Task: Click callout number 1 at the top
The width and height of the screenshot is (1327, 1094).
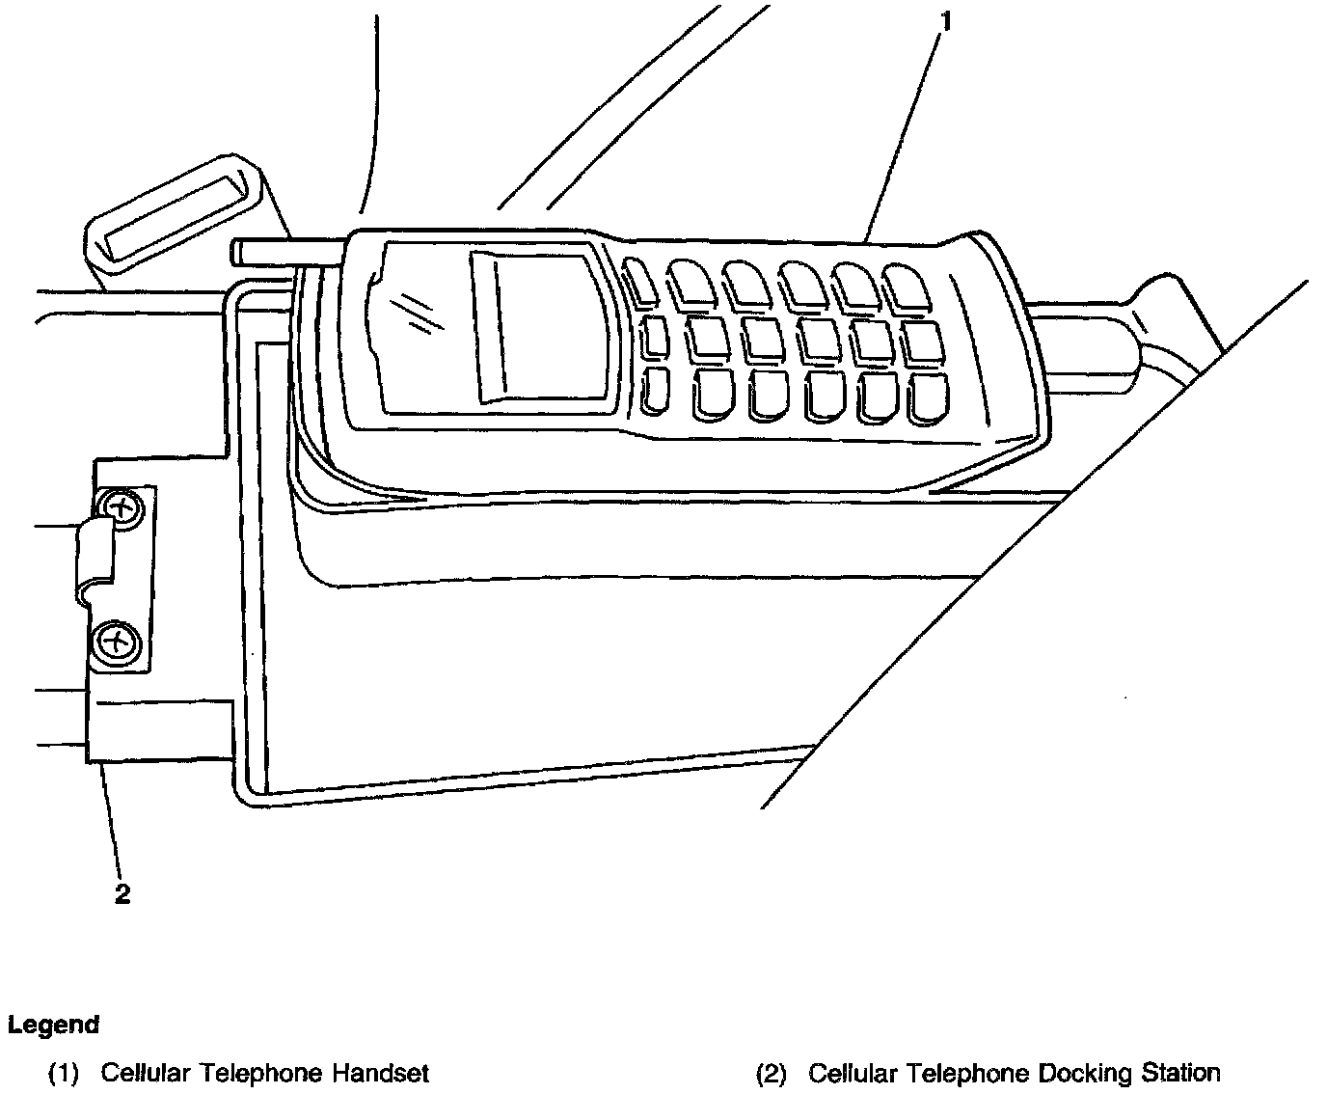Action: [946, 21]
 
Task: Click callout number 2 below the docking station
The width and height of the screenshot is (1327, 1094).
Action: [122, 894]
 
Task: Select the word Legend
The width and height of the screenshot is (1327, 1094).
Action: [53, 1025]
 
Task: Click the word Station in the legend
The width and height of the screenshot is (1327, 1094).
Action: [1181, 1072]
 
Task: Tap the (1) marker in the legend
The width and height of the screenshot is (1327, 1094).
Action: [63, 1072]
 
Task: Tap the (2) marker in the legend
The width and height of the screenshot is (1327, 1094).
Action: [771, 1072]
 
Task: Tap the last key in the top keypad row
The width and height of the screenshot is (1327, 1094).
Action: [907, 286]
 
